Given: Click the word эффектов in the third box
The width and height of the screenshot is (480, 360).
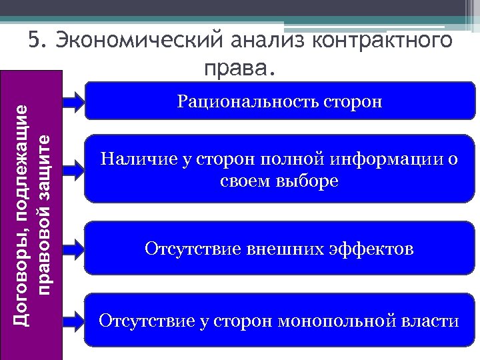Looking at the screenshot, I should tap(371, 249).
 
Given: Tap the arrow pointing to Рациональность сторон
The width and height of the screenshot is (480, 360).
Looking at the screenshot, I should tap(73, 101).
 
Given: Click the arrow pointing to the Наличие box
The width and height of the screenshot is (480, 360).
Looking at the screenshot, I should tap(73, 169).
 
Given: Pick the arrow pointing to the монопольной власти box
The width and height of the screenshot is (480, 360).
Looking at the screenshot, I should tap(73, 321).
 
